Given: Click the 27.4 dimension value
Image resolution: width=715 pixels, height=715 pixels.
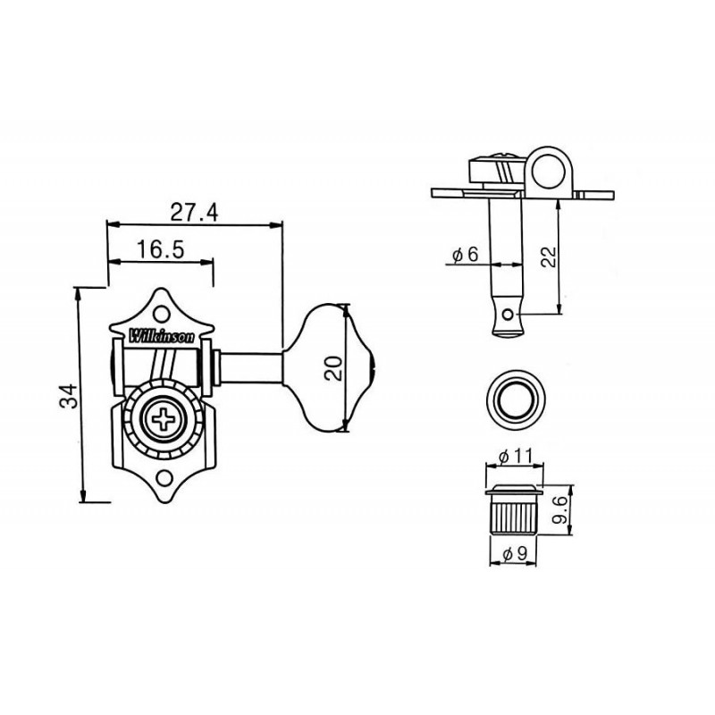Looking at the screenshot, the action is pos(194,212).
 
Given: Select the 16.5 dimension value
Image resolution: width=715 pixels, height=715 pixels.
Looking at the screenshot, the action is pos(161,249).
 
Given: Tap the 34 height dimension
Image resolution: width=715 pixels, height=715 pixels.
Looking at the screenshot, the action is pos(69,396).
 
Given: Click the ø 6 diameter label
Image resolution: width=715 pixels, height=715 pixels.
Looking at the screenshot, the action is pos(465,255).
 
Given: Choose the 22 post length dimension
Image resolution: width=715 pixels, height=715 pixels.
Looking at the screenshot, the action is pos(549,257).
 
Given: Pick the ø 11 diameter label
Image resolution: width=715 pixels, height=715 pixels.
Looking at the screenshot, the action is pos(516,456).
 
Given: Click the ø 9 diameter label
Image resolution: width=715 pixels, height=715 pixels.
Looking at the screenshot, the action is pos(515,553).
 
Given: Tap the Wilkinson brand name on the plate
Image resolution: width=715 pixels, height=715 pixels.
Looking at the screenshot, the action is pos(163,337).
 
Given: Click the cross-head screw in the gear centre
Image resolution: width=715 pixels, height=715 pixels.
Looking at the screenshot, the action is pos(164,419).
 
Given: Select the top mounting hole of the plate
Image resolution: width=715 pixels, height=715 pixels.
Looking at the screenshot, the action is pos(161,314).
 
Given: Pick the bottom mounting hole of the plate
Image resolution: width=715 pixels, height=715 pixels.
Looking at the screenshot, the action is pos(164,478).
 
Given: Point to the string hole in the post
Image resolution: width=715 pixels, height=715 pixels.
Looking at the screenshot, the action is pos(507,315).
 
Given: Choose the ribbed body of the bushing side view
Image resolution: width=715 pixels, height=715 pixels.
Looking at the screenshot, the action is pos(514,516).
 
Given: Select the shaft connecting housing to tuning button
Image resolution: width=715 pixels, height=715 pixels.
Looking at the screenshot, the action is pos(250,368).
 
